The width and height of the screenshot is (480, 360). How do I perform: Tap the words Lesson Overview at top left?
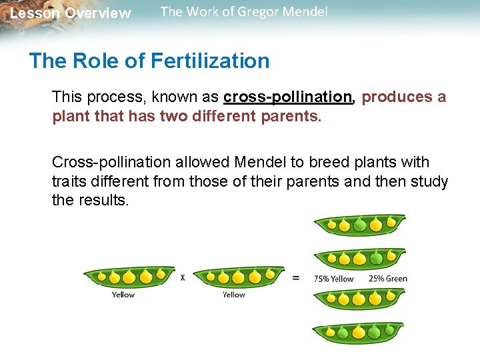pyautogui.click(x=71, y=13)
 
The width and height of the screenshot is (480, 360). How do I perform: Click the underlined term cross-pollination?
pyautogui.click(x=287, y=97)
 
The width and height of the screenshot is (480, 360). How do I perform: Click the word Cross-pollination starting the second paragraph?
pyautogui.click(x=109, y=162)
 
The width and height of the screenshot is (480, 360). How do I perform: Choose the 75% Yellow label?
pyautogui.click(x=333, y=279)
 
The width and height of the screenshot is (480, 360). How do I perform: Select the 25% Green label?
pyautogui.click(x=387, y=279)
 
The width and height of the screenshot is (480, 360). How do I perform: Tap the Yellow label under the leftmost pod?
pyautogui.click(x=123, y=295)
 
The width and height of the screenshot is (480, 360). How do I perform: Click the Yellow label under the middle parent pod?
pyautogui.click(x=233, y=295)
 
